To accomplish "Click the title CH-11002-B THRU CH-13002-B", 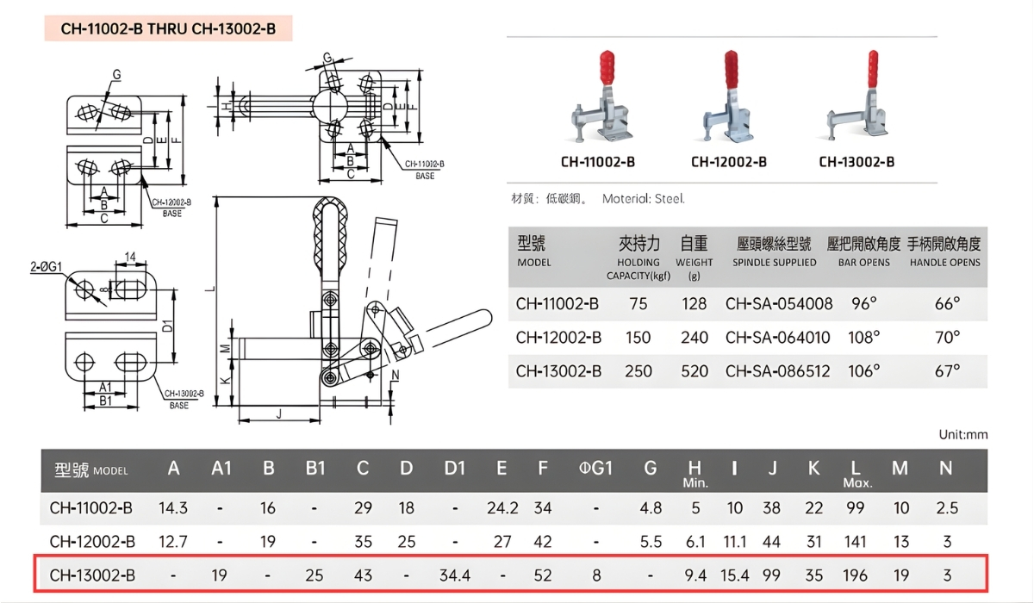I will click(168, 28).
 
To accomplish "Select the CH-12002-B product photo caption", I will click(728, 162).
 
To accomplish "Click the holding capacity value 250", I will click(638, 371).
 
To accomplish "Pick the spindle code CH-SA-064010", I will click(779, 338).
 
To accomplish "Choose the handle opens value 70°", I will click(946, 338).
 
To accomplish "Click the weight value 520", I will click(694, 371).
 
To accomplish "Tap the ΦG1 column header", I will click(595, 469).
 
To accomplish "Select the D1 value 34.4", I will click(455, 575).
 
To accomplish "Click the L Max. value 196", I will click(855, 575).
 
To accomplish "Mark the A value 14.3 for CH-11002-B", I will click(173, 508).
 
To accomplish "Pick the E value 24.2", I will click(501, 508).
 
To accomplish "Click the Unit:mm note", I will click(962, 434).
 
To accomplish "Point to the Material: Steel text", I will click(643, 199).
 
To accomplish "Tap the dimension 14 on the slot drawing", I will click(130, 258).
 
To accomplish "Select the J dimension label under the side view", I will click(279, 413).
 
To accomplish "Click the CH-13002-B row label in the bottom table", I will click(92, 575).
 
